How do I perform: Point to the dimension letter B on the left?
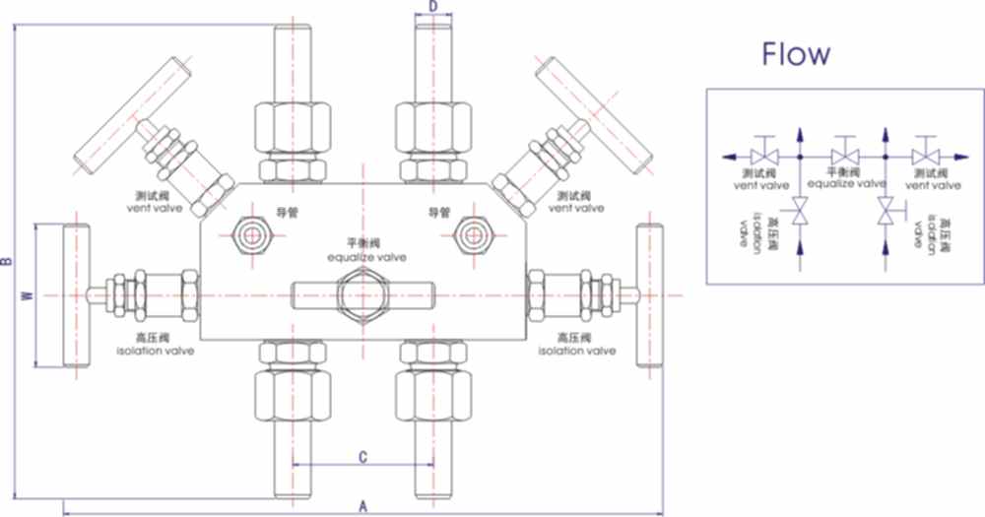7,262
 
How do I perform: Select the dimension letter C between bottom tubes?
362,456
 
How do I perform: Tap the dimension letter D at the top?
432,7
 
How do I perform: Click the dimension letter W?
27,294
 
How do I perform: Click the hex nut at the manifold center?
361,292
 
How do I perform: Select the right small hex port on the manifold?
475,233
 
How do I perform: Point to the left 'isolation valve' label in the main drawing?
156,351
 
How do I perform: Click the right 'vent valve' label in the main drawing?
576,208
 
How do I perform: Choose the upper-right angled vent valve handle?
594,111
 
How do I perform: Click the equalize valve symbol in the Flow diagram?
843,156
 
